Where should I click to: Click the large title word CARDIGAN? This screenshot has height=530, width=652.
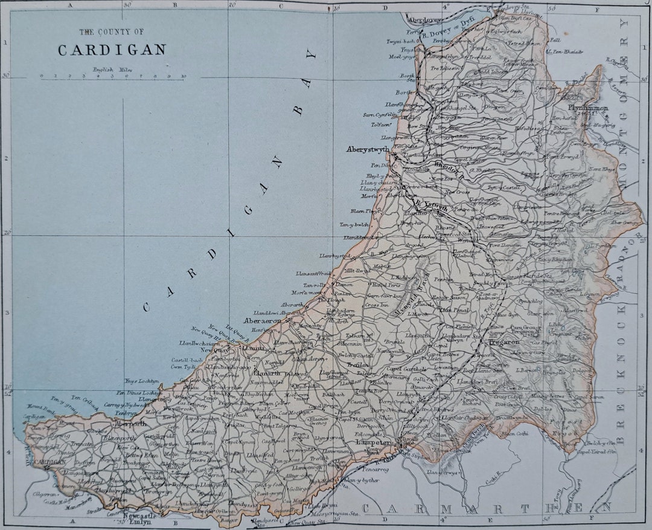point(112,51)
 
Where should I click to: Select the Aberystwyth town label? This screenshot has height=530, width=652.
point(368,149)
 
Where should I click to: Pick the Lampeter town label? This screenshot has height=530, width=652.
point(376,442)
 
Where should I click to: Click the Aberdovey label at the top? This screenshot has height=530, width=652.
point(424,20)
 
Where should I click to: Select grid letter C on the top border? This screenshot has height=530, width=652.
point(280,5)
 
